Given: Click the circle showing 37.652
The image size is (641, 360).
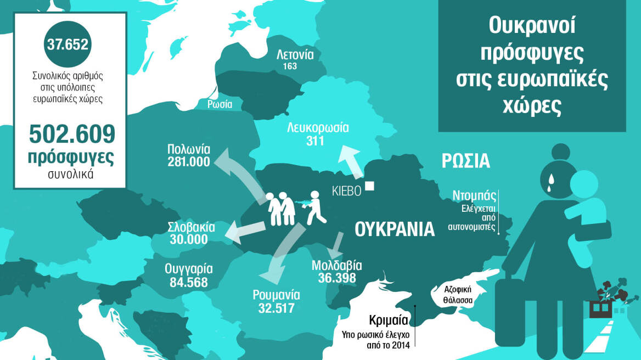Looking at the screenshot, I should (68, 45).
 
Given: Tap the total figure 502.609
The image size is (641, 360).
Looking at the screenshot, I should (71, 134).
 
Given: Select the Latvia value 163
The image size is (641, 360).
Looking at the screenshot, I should (290, 66).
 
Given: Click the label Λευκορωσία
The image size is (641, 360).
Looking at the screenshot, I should (318, 128).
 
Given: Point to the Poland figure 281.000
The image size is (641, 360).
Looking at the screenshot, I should (189, 162).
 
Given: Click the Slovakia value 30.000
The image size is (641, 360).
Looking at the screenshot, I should (188, 239).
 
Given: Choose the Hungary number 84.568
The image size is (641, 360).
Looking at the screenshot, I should (188, 282).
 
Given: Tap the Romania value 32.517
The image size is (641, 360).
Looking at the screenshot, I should (276, 308).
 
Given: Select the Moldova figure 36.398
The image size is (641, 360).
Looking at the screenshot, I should (336, 278).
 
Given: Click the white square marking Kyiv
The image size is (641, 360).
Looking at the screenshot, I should (369, 186).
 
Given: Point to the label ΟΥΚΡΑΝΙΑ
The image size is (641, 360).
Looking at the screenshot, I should (394, 229).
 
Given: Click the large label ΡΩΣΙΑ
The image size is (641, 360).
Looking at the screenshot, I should (465, 161).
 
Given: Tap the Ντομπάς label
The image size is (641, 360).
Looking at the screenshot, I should (475, 195).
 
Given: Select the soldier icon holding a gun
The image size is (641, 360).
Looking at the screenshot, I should (314, 207).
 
